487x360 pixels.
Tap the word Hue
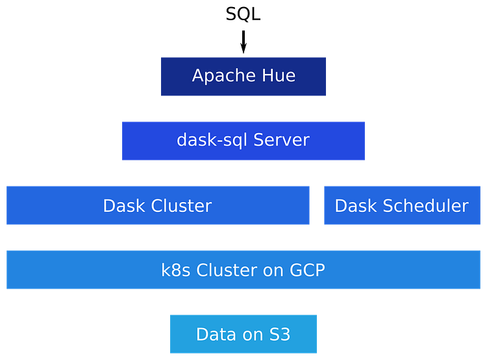click(279, 76)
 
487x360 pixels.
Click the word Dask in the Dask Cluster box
click(124, 206)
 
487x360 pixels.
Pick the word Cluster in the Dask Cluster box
click(181, 206)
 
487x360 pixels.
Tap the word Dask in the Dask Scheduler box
click(356, 206)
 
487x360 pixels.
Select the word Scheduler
click(425, 206)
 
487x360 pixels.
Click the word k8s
click(176, 270)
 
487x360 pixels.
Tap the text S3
click(279, 335)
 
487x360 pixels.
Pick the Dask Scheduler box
click(401, 218)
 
